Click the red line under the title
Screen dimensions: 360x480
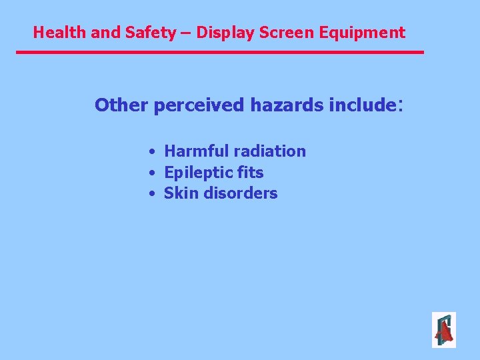pos(220,52)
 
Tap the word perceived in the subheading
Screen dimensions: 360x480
pos(199,105)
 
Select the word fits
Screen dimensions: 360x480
pos(249,173)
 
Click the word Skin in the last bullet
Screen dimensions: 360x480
pos(179,193)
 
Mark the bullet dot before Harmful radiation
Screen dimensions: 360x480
pos(153,152)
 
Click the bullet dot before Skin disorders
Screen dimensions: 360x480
pos(153,194)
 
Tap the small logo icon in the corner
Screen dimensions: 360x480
pos(443,330)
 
